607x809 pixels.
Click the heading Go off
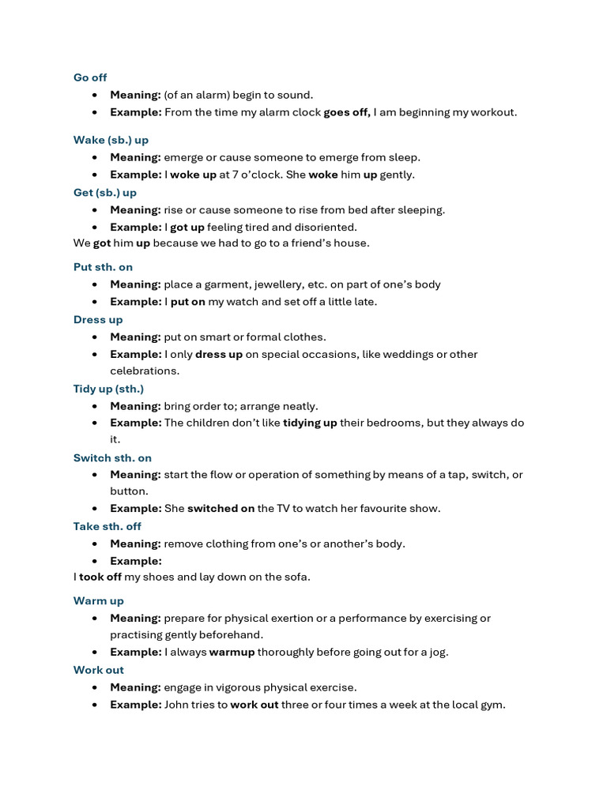(90, 77)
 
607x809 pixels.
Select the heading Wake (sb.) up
(111, 140)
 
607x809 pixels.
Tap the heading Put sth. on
(103, 267)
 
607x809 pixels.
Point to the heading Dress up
(98, 320)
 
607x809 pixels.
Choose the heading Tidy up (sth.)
(108, 389)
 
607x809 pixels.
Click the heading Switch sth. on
(112, 457)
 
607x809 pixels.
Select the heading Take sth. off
(107, 526)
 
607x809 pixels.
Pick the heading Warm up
(99, 601)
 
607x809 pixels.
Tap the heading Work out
(99, 670)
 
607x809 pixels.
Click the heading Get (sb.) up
(105, 193)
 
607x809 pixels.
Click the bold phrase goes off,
(347, 112)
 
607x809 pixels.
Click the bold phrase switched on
(221, 508)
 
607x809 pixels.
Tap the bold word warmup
(232, 652)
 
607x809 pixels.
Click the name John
(177, 705)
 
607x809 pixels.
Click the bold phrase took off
(100, 577)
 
